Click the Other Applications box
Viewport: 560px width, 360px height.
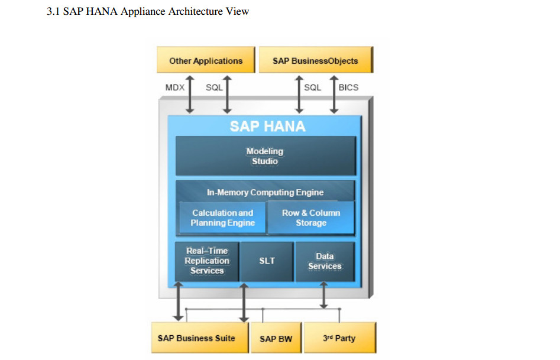[205, 60]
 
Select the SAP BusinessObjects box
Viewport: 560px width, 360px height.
[315, 60]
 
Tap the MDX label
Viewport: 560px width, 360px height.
[175, 87]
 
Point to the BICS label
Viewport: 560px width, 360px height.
[348, 87]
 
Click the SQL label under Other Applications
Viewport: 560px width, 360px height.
[214, 87]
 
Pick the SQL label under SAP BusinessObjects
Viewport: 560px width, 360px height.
[312, 87]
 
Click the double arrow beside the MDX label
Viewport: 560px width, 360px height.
[190, 93]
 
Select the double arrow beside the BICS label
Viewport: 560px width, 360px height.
[334, 93]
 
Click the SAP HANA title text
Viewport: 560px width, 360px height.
[267, 126]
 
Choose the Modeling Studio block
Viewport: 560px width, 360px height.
[265, 156]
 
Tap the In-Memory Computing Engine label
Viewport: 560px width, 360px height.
[265, 192]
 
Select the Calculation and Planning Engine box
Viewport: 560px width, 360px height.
[222, 218]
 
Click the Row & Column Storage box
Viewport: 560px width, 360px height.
[311, 218]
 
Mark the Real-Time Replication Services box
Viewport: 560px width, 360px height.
[207, 261]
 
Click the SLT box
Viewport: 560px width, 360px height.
[267, 261]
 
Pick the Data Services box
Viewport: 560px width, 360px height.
[325, 261]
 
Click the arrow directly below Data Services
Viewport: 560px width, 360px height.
[323, 295]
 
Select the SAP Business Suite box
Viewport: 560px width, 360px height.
[196, 338]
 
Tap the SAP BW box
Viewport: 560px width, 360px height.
[276, 339]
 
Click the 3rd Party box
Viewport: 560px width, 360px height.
[339, 338]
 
